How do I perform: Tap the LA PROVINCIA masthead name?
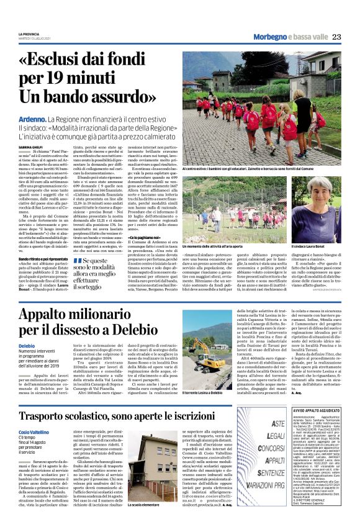[29, 34]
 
